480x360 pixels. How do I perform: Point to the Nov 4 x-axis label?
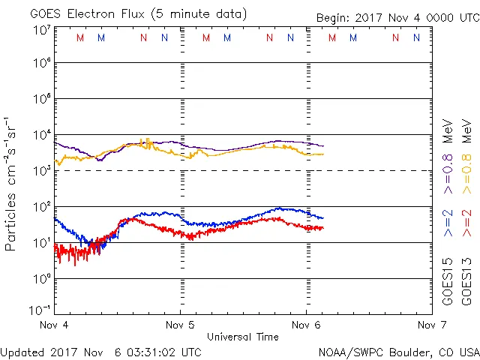coord(54,325)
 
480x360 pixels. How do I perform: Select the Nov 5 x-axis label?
coord(180,325)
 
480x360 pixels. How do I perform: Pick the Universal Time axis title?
coord(243,337)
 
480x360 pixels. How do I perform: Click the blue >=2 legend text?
coord(447,223)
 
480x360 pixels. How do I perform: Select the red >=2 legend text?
coord(466,223)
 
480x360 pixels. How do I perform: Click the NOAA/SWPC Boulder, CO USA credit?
coord(398,351)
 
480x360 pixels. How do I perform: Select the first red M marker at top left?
coord(80,37)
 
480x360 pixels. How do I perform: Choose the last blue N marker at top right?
coord(416,37)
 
